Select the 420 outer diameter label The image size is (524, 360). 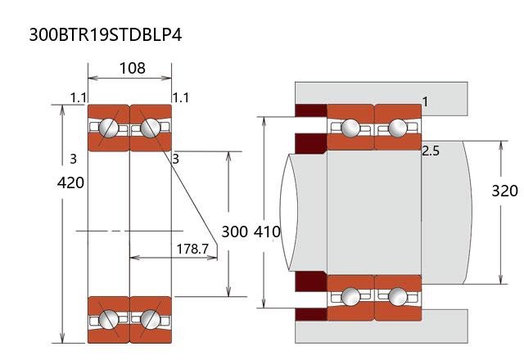tap(70, 182)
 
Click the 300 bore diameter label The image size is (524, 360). tap(234, 232)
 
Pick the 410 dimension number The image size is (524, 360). tap(268, 232)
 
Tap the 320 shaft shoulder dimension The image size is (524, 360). tap(504, 191)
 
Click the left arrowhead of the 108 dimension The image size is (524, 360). tap(91, 79)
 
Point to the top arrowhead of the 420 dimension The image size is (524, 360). tap(63, 108)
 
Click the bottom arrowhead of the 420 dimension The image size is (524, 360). tap(63, 340)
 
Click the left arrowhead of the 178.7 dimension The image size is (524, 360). tap(133, 257)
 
